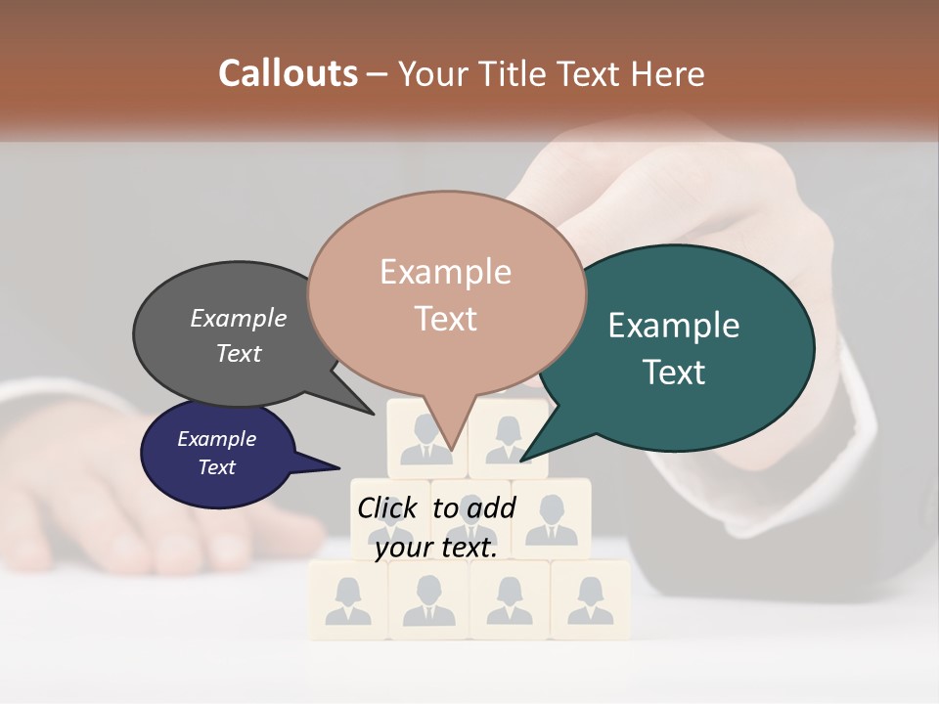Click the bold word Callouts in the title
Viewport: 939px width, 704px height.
(288, 73)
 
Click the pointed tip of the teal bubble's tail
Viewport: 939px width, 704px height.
(521, 461)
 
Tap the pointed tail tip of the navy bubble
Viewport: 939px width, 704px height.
(339, 466)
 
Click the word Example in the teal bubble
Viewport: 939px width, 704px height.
(674, 326)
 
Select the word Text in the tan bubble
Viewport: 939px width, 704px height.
(446, 319)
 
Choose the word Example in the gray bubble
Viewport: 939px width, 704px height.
(239, 319)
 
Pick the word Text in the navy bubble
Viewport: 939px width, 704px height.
(217, 467)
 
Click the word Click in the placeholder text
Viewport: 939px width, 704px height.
(388, 508)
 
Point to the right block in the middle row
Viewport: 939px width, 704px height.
(552, 518)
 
